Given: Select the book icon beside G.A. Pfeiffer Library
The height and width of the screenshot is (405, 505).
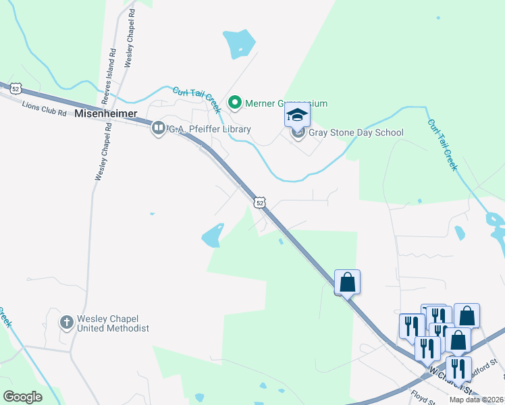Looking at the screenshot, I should pos(159,128).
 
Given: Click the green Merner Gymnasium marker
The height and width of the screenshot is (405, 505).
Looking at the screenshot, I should pos(235,103).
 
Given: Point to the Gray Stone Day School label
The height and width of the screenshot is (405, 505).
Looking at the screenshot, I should pos(356,132).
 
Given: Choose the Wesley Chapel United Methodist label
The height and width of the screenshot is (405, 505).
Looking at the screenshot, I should pos(113,323).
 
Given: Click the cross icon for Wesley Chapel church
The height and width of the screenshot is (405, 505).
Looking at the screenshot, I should pos(67,322).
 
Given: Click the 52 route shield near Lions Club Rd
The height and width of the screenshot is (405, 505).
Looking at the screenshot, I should pos(16,87).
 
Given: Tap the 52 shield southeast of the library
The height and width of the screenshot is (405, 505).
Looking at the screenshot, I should pos(260,202).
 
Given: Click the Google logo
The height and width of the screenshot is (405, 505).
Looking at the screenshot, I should pos(22,397).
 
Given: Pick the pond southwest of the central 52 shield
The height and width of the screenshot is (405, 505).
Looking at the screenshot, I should pos(213,235).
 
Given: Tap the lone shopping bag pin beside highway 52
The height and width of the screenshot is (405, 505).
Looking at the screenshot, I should pos(347,281).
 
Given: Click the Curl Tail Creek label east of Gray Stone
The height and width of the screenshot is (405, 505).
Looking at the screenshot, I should pos(442,145).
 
